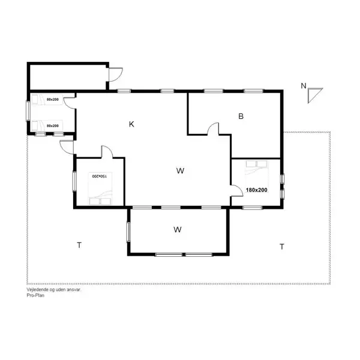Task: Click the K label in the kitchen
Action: click(x=131, y=124)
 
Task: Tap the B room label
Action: click(x=241, y=116)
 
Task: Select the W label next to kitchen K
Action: click(x=179, y=171)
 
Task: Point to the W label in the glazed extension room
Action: click(x=178, y=230)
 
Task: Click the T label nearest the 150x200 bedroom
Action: click(x=79, y=245)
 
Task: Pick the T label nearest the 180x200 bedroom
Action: click(x=281, y=246)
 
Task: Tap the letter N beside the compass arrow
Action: click(x=304, y=86)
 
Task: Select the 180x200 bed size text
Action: click(x=257, y=190)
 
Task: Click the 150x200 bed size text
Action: click(x=98, y=177)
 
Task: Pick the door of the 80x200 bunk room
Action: click(x=70, y=101)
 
